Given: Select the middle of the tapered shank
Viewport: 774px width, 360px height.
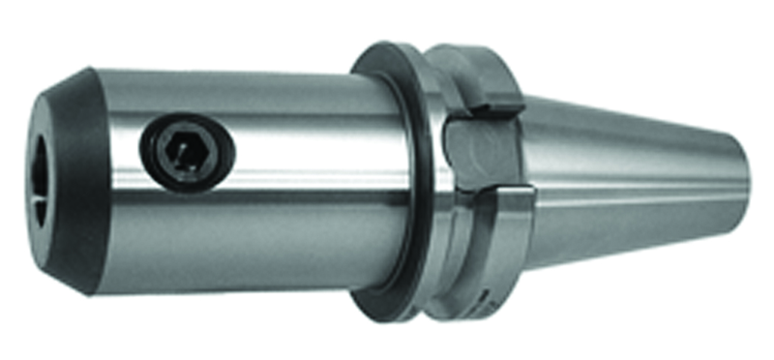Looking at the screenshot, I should tap(629, 179).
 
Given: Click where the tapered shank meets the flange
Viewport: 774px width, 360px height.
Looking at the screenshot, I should tap(529, 179).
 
